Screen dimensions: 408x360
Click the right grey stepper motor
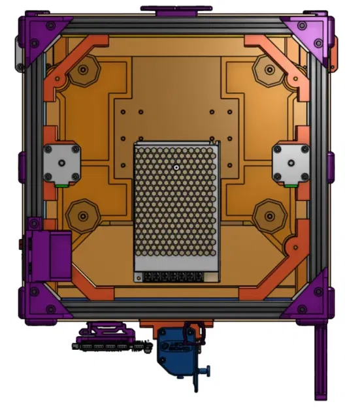click(289, 163)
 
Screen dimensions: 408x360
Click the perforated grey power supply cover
click(177, 202)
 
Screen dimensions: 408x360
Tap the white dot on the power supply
click(176, 166)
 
